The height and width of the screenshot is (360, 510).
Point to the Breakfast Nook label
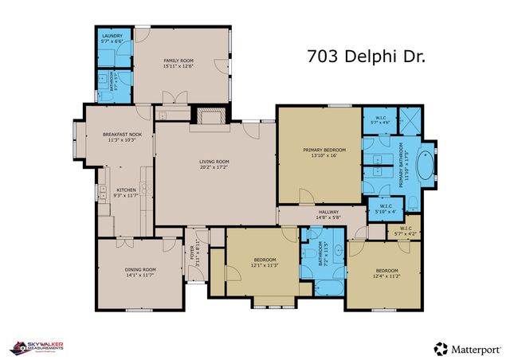[x=122, y=137]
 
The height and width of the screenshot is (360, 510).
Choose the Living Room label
[x=214, y=165]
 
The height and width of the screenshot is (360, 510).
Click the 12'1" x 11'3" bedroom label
[x=265, y=264]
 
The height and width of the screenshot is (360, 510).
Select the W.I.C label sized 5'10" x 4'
[x=385, y=209]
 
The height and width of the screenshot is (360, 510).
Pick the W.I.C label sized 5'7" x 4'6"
[x=380, y=122]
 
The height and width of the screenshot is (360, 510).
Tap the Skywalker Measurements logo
[x=36, y=347]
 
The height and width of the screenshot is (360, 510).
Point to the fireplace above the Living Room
[x=210, y=117]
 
